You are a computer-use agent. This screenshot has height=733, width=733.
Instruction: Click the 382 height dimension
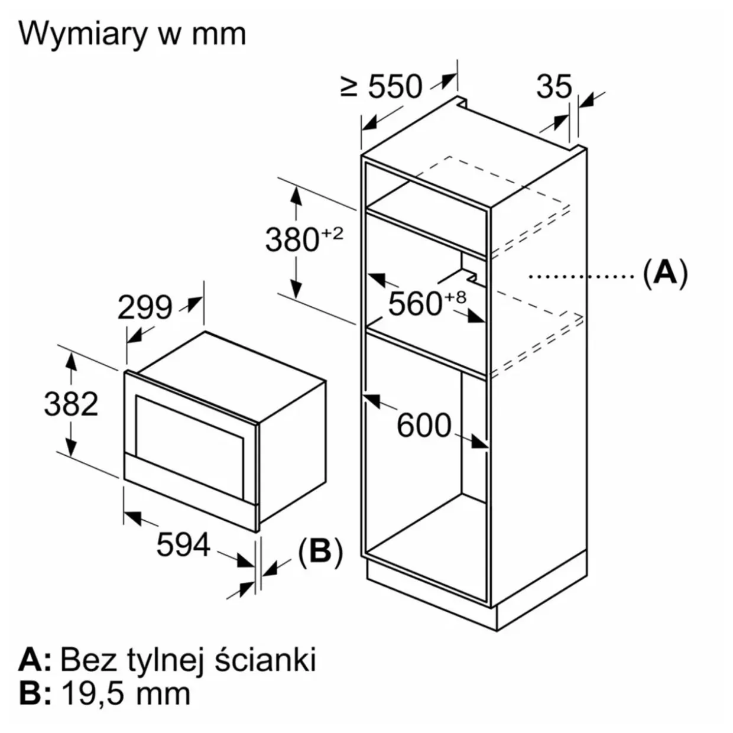[71, 404]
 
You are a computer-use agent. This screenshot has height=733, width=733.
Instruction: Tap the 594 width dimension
[183, 544]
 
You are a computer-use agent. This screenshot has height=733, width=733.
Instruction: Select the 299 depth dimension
[145, 307]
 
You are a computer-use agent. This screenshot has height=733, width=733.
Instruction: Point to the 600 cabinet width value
[424, 425]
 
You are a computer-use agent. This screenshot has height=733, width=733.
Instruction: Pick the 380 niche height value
[292, 239]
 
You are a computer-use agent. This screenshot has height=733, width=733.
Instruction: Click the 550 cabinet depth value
[395, 86]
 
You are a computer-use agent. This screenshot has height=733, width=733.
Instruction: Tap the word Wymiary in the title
[82, 34]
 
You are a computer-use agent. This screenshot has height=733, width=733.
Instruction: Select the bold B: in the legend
[31, 693]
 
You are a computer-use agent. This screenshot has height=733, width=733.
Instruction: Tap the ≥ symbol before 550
[349, 87]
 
